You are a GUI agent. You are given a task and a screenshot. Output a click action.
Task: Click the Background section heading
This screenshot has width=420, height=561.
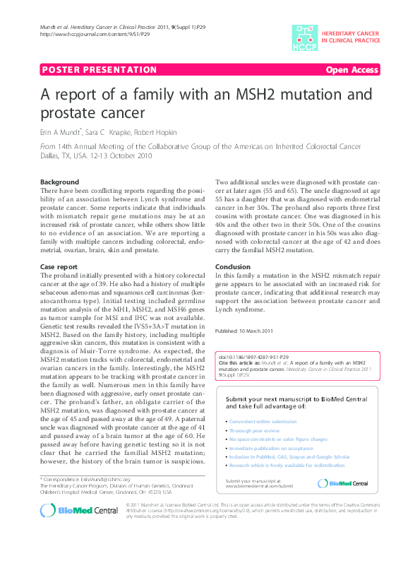point(60,182)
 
